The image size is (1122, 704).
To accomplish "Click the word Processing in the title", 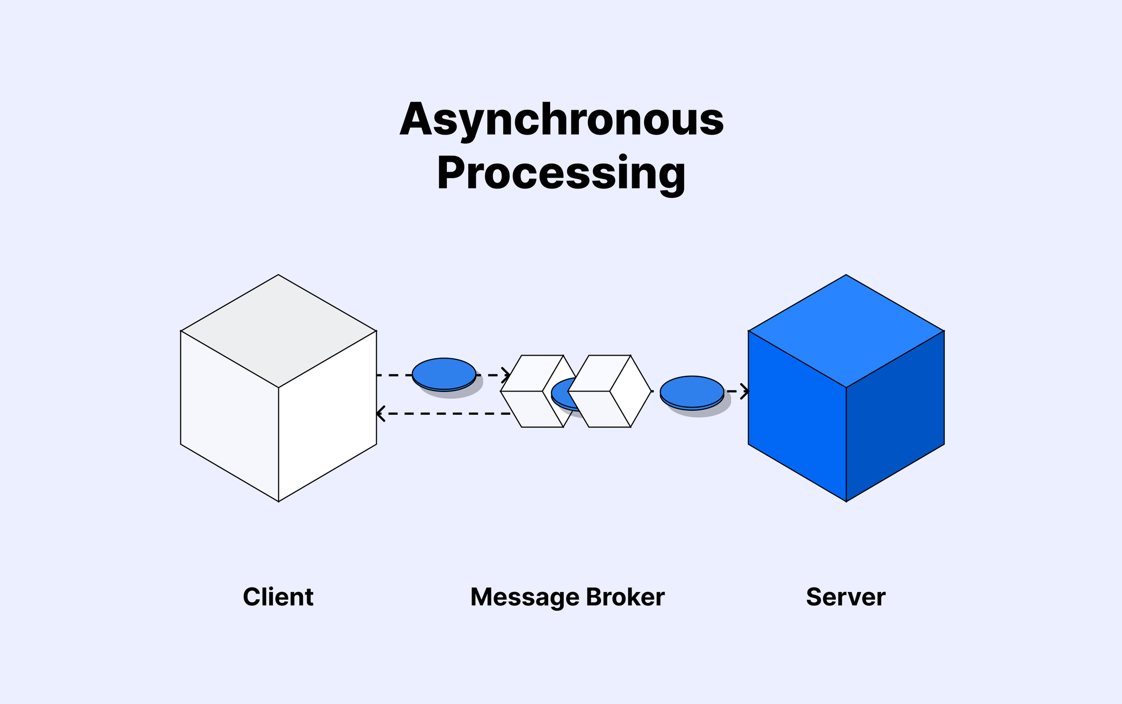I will [x=561, y=174].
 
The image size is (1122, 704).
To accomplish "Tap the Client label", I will [x=278, y=597].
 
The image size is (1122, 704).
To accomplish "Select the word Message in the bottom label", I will [x=524, y=597].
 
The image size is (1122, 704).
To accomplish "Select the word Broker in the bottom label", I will [x=625, y=597].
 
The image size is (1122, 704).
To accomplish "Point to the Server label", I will [x=846, y=597].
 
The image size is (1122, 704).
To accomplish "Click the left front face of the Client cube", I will [x=230, y=415].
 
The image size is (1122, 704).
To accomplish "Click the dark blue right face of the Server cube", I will [x=895, y=415].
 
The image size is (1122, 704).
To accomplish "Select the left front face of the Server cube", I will [x=797, y=415].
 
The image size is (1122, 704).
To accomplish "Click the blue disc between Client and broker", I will [x=444, y=373].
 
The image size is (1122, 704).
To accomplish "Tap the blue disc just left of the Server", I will [x=692, y=391].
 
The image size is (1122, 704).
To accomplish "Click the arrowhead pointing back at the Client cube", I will [x=380, y=414].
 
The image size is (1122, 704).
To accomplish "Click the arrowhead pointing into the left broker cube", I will [x=506, y=374].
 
